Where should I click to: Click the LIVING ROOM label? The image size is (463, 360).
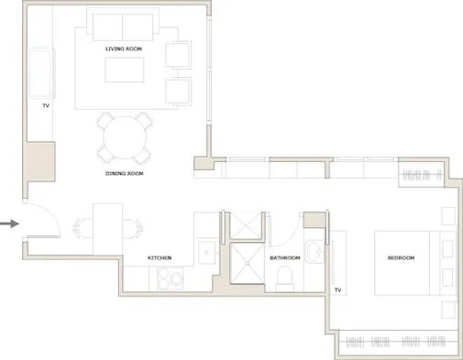coord(124,49)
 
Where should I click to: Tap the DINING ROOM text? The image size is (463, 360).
coord(125,173)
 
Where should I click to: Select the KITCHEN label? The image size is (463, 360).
coord(160,258)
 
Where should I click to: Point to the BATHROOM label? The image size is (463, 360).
coord(285,258)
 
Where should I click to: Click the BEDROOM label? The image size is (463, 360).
coord(401,258)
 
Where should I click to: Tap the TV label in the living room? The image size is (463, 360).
coord(46,105)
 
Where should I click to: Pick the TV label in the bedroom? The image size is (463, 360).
coord(337,290)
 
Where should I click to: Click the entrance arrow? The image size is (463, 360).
coord(9,224)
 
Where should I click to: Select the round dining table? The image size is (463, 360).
coord(125,137)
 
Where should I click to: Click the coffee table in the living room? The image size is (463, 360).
coord(125,70)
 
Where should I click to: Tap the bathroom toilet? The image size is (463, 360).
coord(284,278)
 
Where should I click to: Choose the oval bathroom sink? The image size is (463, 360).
coord(314,252)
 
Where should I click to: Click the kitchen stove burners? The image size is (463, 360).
coord(170,278)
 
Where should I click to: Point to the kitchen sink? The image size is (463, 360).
coord(206,253)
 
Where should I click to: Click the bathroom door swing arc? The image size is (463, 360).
coord(292,237)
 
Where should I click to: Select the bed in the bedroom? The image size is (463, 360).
coord(415,263)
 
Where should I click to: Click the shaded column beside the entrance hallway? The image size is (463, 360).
coord(39,161)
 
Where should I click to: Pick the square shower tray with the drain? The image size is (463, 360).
coord(247,263)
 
